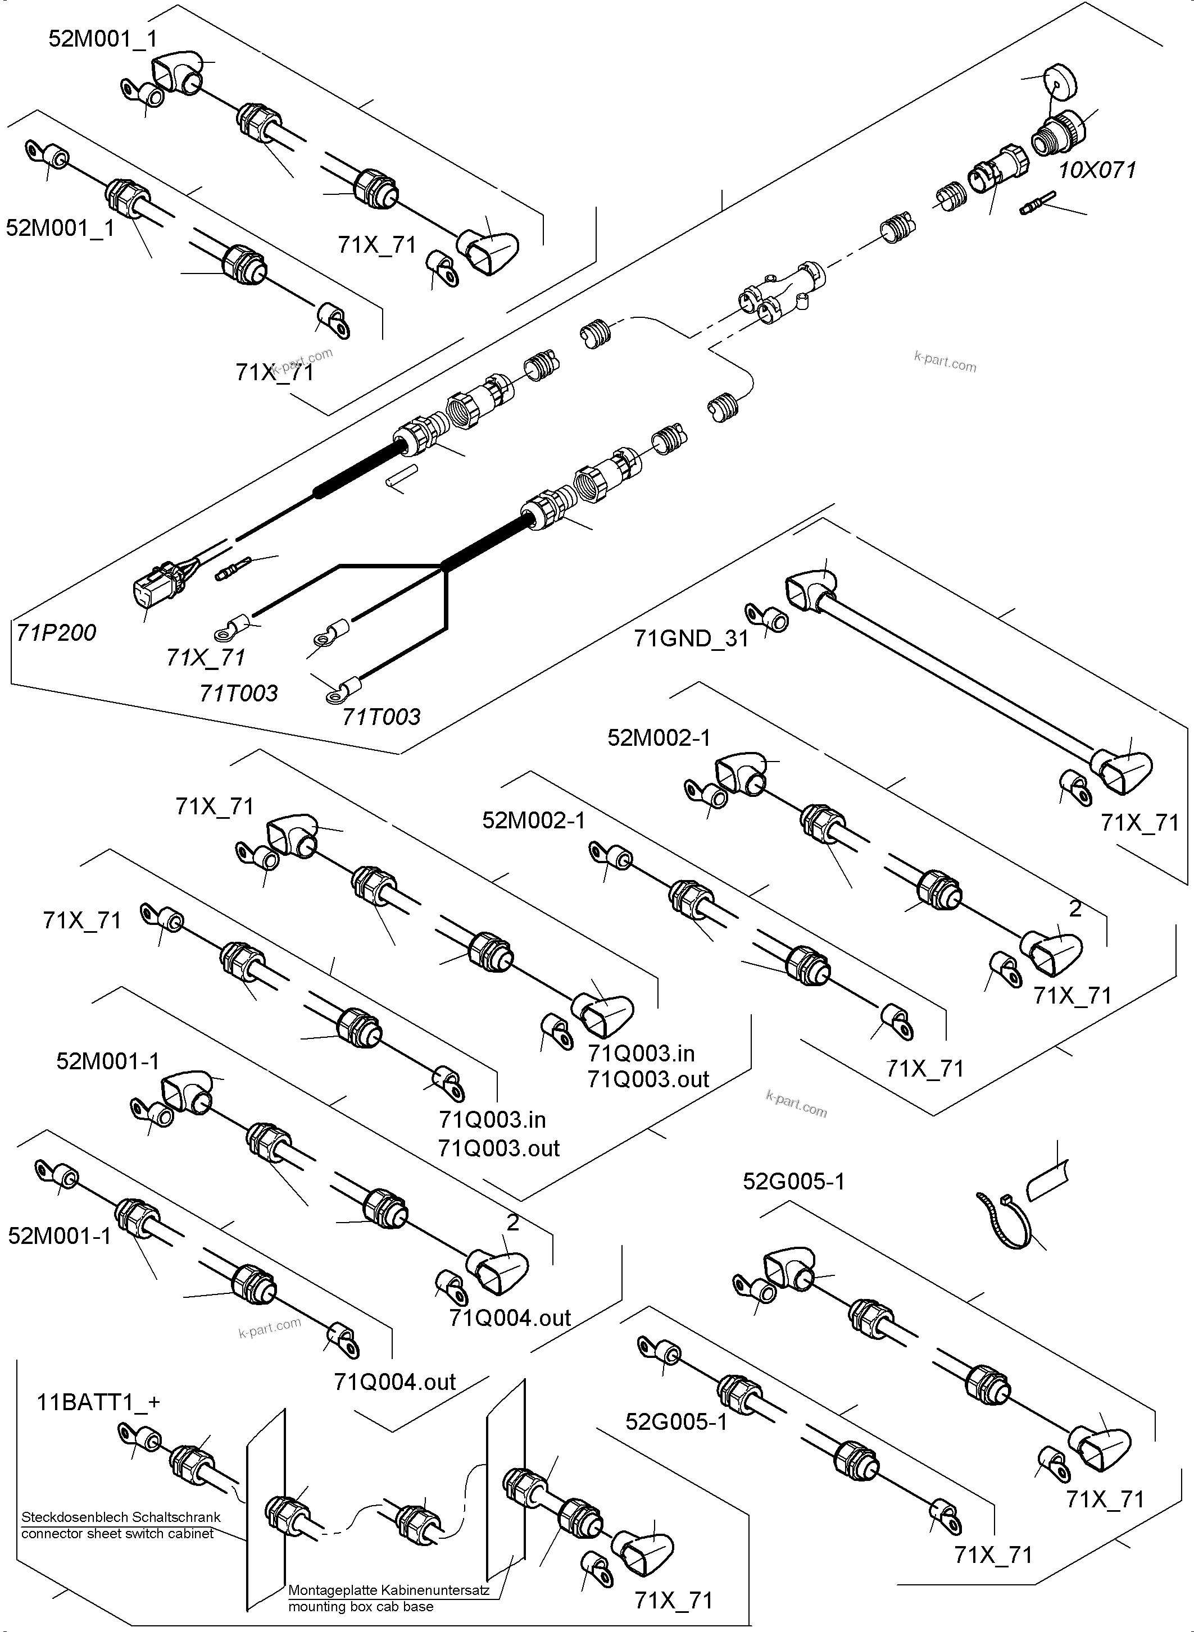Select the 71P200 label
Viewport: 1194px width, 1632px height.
(56, 633)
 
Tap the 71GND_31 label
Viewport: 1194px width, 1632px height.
(691, 639)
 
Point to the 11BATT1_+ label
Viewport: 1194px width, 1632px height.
(98, 1402)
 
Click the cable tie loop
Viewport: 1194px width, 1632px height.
(1006, 1221)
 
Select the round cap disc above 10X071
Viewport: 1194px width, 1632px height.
(1059, 85)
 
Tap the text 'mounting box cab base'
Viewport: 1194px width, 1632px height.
(361, 1607)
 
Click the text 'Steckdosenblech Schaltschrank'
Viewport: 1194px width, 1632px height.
(121, 1518)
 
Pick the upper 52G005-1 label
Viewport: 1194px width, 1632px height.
(793, 1182)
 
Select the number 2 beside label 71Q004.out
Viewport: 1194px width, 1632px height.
(512, 1223)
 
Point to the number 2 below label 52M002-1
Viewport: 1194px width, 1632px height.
(1075, 909)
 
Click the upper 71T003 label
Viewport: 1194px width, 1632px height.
(238, 694)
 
